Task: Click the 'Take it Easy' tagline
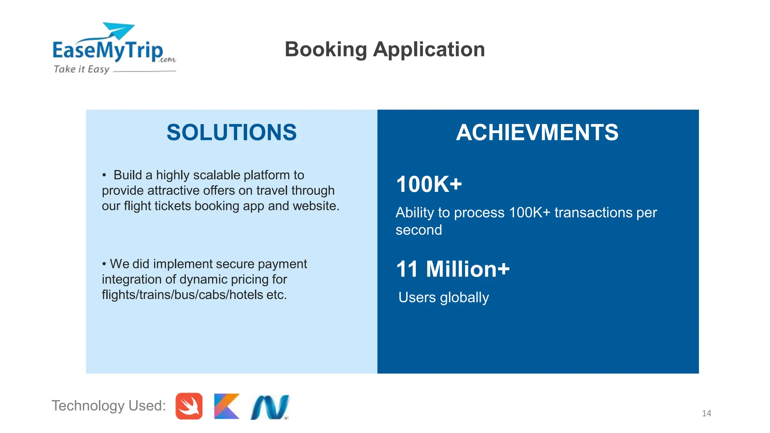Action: (82, 69)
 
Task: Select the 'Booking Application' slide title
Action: (385, 49)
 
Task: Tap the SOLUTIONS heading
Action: (232, 132)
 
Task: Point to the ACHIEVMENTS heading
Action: (537, 132)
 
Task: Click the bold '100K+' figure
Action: (429, 184)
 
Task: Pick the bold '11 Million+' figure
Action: (453, 269)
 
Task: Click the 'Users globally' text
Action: (444, 297)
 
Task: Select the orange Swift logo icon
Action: (189, 406)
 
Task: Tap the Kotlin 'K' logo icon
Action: (227, 406)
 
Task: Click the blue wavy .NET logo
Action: (270, 407)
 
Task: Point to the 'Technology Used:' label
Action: (109, 406)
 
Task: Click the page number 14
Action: (706, 413)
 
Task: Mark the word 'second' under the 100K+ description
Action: (418, 230)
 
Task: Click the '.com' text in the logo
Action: (167, 59)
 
